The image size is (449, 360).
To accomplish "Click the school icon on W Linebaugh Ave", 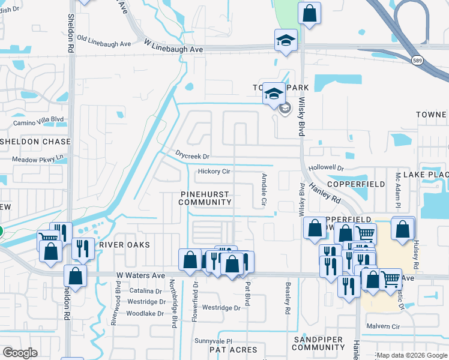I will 286,41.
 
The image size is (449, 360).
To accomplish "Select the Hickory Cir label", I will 214,172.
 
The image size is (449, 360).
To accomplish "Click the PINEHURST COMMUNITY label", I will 205,198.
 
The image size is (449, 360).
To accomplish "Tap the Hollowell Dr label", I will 325,169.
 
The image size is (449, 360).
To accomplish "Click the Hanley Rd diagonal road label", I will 325,191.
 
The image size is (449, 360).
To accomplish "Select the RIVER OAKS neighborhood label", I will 124,245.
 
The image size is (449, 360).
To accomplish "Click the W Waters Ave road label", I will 140,275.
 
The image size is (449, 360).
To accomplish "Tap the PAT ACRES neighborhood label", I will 233,349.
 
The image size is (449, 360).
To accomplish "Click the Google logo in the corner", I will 20,352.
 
